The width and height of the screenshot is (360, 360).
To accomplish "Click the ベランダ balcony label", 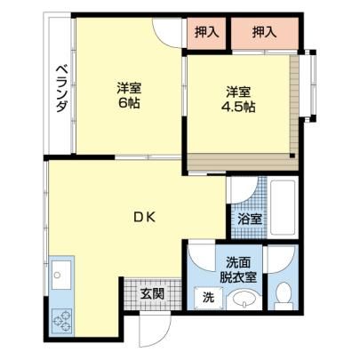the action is [x=61, y=89].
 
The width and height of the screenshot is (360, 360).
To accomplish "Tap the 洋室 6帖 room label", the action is [x=129, y=95].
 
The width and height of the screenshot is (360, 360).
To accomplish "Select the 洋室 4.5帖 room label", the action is [x=238, y=100].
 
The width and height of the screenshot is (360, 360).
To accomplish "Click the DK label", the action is [x=144, y=218].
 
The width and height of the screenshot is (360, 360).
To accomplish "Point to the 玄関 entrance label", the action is [x=152, y=293].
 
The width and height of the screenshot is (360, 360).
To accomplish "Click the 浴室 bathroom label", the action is [x=250, y=220].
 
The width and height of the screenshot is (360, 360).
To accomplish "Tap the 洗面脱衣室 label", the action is [x=237, y=270].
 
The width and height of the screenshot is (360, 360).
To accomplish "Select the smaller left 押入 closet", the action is [x=206, y=32].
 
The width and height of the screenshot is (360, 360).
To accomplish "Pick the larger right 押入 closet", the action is [x=264, y=32].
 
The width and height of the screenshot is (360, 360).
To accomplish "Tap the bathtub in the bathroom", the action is [x=283, y=207].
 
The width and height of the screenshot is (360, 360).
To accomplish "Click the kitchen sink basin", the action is [x=61, y=275].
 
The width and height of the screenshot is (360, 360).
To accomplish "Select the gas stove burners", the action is [x=62, y=321].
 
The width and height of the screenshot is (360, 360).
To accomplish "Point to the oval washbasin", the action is [x=244, y=300].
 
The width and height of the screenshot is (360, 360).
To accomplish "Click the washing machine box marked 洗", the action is [x=208, y=298].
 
